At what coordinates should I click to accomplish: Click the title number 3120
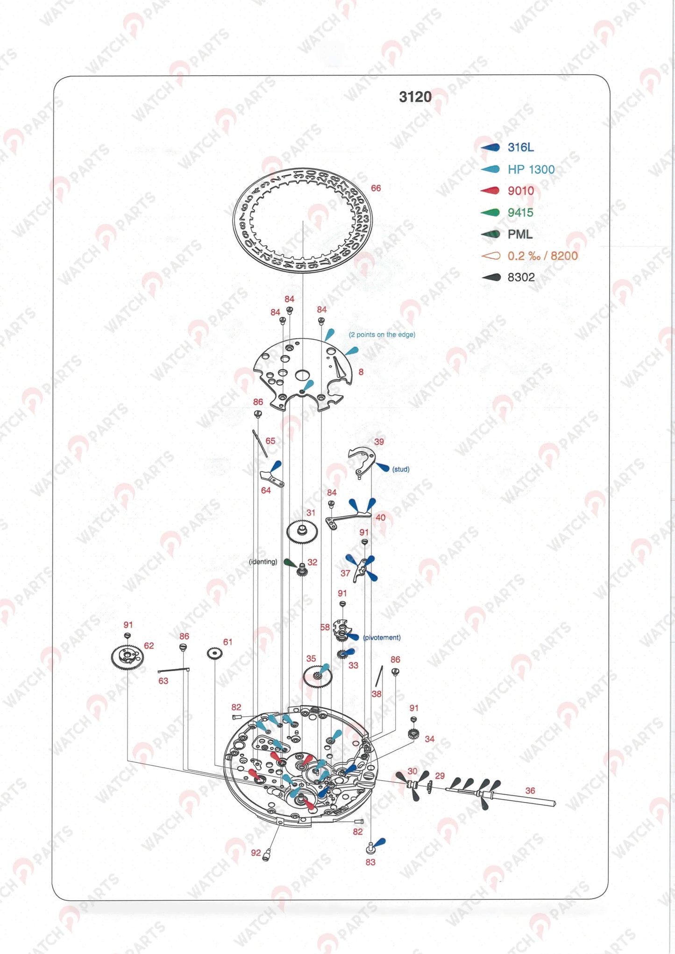415,97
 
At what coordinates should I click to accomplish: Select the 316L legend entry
520,147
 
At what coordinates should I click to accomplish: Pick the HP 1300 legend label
531,169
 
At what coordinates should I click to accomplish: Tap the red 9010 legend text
520,191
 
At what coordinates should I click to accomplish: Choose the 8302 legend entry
521,277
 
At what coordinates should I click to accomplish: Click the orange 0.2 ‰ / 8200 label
542,256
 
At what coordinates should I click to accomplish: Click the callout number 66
376,188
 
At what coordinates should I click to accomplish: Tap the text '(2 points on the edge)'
382,335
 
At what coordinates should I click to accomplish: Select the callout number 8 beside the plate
361,372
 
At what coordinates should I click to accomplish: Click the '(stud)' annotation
400,469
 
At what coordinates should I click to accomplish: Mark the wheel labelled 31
302,532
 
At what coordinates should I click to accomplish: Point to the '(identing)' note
263,562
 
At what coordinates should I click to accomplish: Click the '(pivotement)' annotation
382,637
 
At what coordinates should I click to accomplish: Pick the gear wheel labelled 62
127,657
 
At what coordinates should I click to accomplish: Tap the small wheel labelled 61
214,654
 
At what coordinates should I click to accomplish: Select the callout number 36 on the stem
530,790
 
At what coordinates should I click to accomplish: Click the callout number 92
256,853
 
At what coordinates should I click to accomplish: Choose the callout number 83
370,862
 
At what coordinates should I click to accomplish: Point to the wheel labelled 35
317,676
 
